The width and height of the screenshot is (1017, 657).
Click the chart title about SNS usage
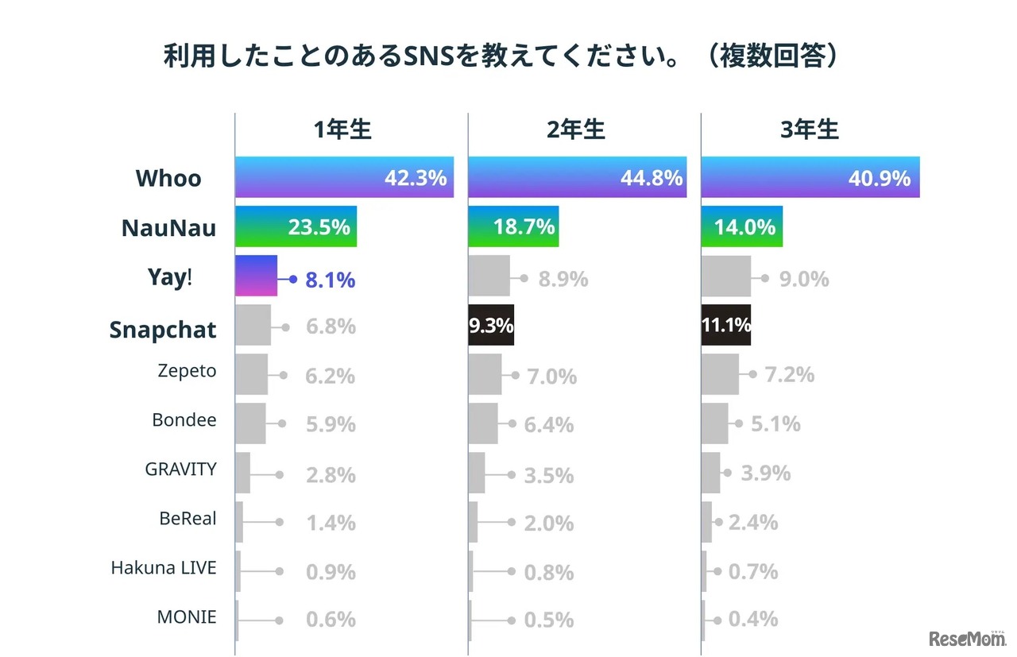pyautogui.click(x=501, y=57)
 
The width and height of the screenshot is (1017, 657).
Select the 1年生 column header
pyautogui.click(x=342, y=130)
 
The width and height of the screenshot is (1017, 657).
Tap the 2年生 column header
pyautogui.click(x=576, y=130)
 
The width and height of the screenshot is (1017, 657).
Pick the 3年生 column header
pyautogui.click(x=810, y=130)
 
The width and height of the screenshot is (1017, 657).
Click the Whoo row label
pyautogui.click(x=168, y=178)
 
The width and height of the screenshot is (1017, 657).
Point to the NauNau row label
pyautogui.click(x=168, y=228)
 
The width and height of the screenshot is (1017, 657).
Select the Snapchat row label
pyautogui.click(x=163, y=330)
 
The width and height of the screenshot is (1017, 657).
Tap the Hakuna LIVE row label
pyautogui.click(x=164, y=568)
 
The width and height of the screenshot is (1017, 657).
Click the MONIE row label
pyautogui.click(x=187, y=616)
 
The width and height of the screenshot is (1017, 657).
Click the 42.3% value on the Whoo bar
pyautogui.click(x=415, y=178)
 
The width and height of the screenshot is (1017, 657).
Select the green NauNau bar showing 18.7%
pyautogui.click(x=513, y=226)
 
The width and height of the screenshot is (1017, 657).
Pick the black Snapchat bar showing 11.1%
pyautogui.click(x=725, y=325)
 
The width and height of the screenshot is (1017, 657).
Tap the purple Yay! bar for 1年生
pyautogui.click(x=256, y=276)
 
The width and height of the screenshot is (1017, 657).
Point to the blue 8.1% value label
pyautogui.click(x=330, y=280)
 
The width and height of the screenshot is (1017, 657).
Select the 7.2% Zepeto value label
pyautogui.click(x=789, y=374)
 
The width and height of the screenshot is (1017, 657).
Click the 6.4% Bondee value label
pyautogui.click(x=548, y=425)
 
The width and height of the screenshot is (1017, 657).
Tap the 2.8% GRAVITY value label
pyautogui.click(x=331, y=475)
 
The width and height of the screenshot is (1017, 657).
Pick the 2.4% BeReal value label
pyautogui.click(x=753, y=523)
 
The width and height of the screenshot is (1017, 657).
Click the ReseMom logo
pyautogui.click(x=966, y=637)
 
